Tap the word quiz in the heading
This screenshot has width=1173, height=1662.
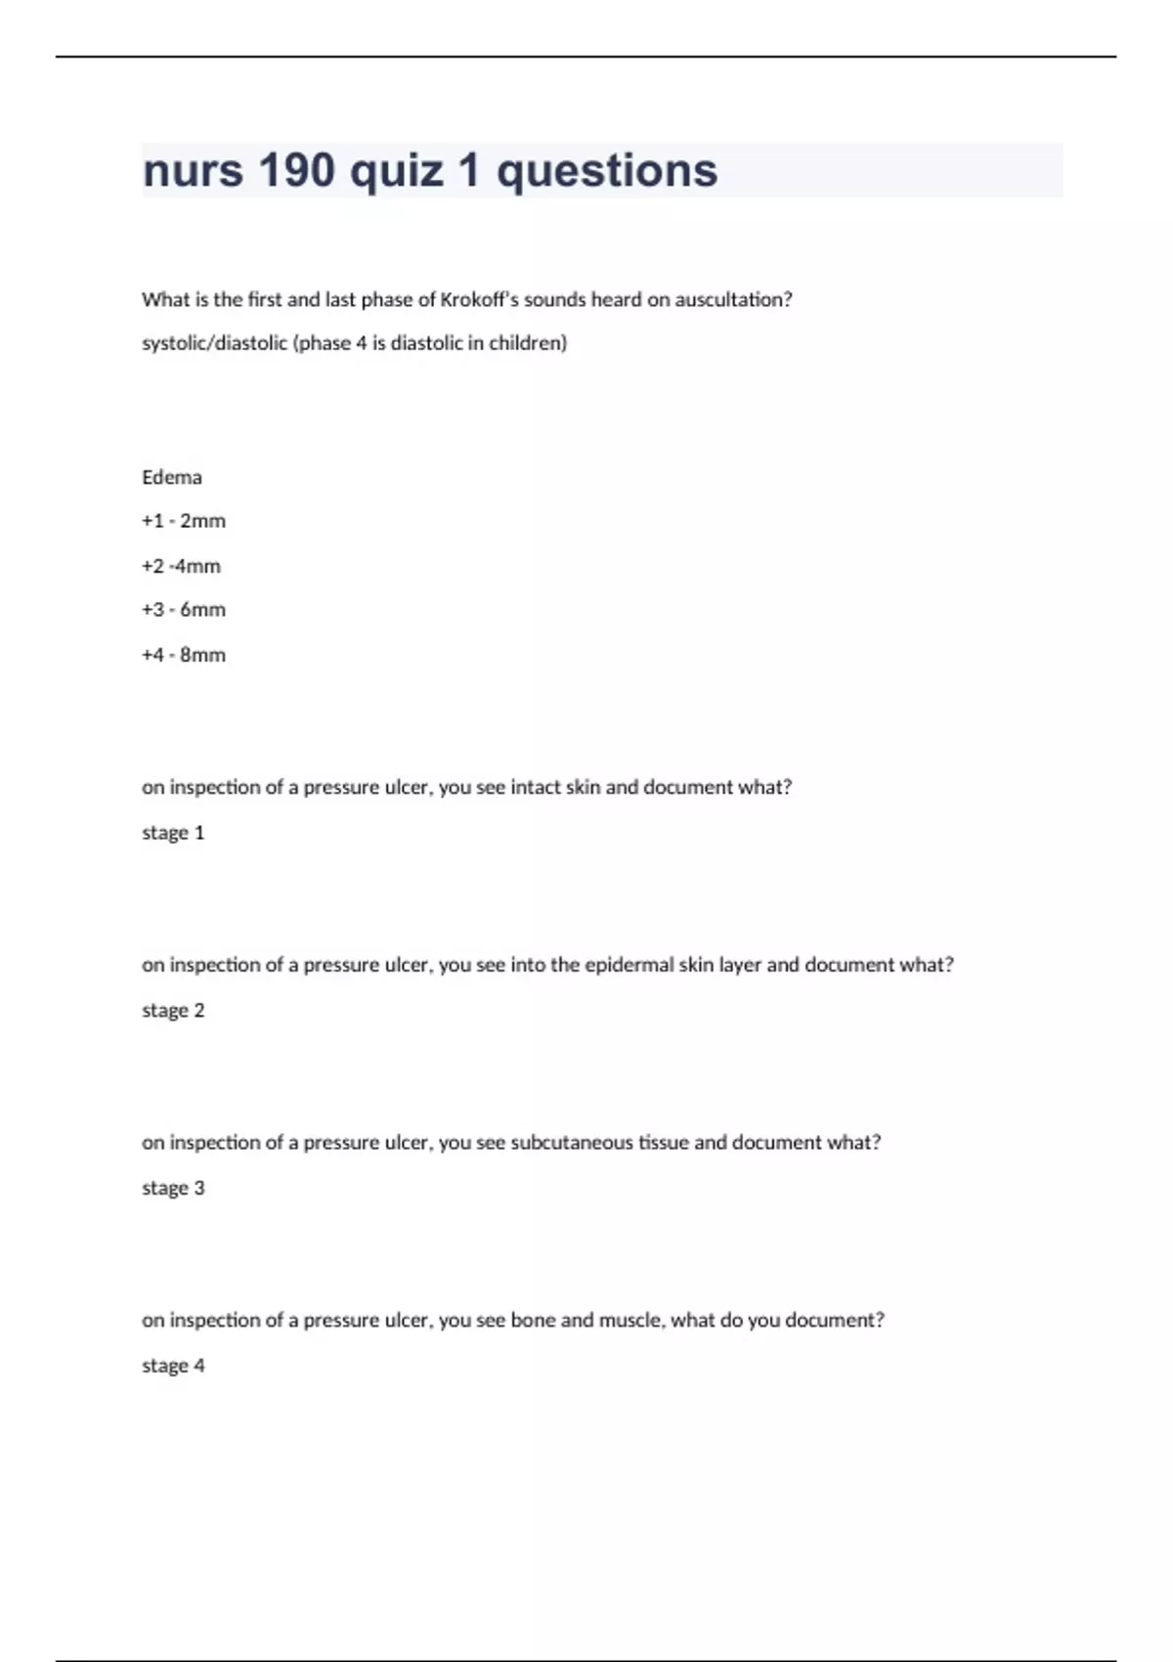tap(396, 170)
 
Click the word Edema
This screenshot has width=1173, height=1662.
tap(172, 477)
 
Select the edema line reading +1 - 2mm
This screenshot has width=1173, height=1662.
tap(184, 521)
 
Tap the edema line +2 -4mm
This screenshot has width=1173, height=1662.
tap(181, 566)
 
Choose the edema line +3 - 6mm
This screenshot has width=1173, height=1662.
tap(184, 610)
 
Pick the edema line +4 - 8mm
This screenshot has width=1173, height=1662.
tap(184, 655)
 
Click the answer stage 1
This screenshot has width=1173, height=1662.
tap(173, 833)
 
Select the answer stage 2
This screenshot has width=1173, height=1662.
tap(173, 1011)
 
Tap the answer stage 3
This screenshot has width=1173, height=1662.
tap(173, 1189)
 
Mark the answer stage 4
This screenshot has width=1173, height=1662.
tap(173, 1366)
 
